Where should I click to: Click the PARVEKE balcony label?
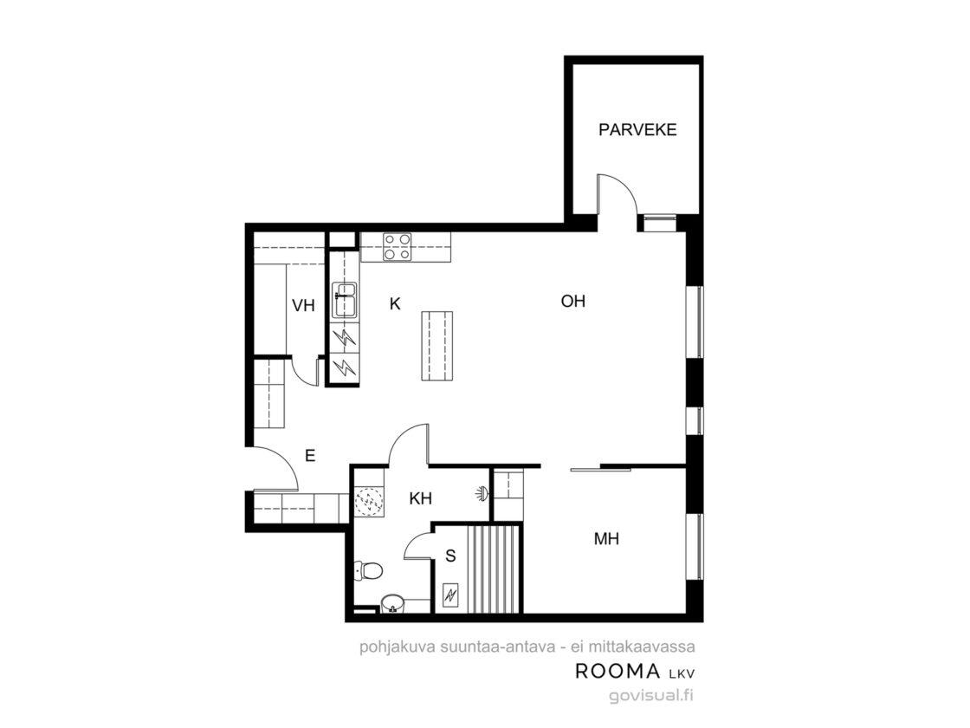click(637, 130)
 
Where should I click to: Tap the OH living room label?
click(572, 302)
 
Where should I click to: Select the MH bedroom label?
click(606, 538)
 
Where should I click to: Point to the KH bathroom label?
click(421, 498)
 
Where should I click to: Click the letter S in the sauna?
click(450, 556)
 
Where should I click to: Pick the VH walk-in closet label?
click(303, 305)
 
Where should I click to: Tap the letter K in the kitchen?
click(395, 304)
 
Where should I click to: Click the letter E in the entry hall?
click(310, 456)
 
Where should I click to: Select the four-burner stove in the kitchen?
click(398, 246)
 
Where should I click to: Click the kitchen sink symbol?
click(345, 300)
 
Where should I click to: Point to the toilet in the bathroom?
click(368, 570)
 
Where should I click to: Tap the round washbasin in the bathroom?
click(392, 603)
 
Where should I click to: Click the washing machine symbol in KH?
click(370, 501)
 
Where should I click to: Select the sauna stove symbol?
click(450, 595)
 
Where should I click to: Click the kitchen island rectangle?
click(436, 346)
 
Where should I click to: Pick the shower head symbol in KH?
click(482, 493)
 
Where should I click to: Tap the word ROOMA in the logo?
click(610, 671)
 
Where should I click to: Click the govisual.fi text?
click(651, 694)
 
